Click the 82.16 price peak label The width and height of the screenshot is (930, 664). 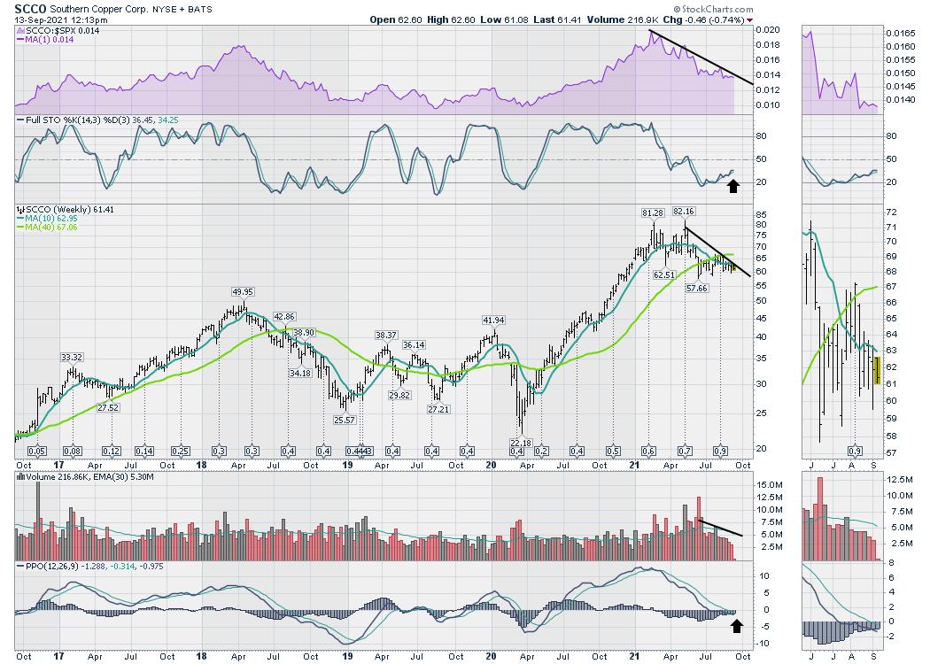pyautogui.click(x=684, y=212)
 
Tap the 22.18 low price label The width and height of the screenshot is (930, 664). pyautogui.click(x=520, y=443)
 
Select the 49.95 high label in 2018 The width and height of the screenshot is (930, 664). pyautogui.click(x=243, y=292)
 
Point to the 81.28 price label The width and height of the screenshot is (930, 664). pyautogui.click(x=652, y=212)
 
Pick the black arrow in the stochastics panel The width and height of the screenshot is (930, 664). pyautogui.click(x=732, y=185)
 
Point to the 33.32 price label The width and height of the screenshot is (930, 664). pyautogui.click(x=72, y=357)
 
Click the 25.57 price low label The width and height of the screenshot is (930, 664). pyautogui.click(x=345, y=420)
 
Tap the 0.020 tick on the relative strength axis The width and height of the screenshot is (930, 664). pyautogui.click(x=768, y=30)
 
